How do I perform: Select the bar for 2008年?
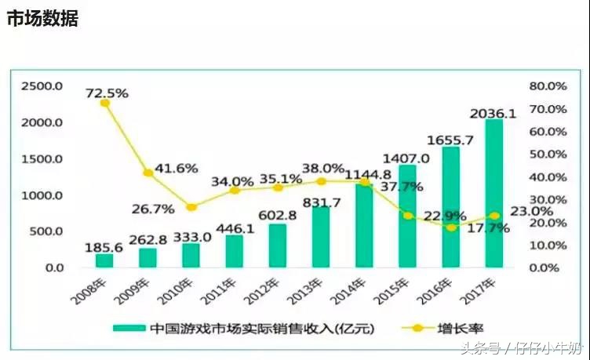coord(104,260)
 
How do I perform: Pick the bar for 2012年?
coord(278,245)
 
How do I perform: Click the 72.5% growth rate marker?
coord(104,103)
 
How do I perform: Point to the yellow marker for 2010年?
coord(191,207)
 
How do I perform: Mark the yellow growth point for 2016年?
coord(450,227)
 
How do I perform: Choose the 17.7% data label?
coord(472,229)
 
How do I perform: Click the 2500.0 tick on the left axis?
coord(42,85)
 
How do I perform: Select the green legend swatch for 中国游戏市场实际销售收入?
coord(129,327)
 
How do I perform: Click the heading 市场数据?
coord(42,20)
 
